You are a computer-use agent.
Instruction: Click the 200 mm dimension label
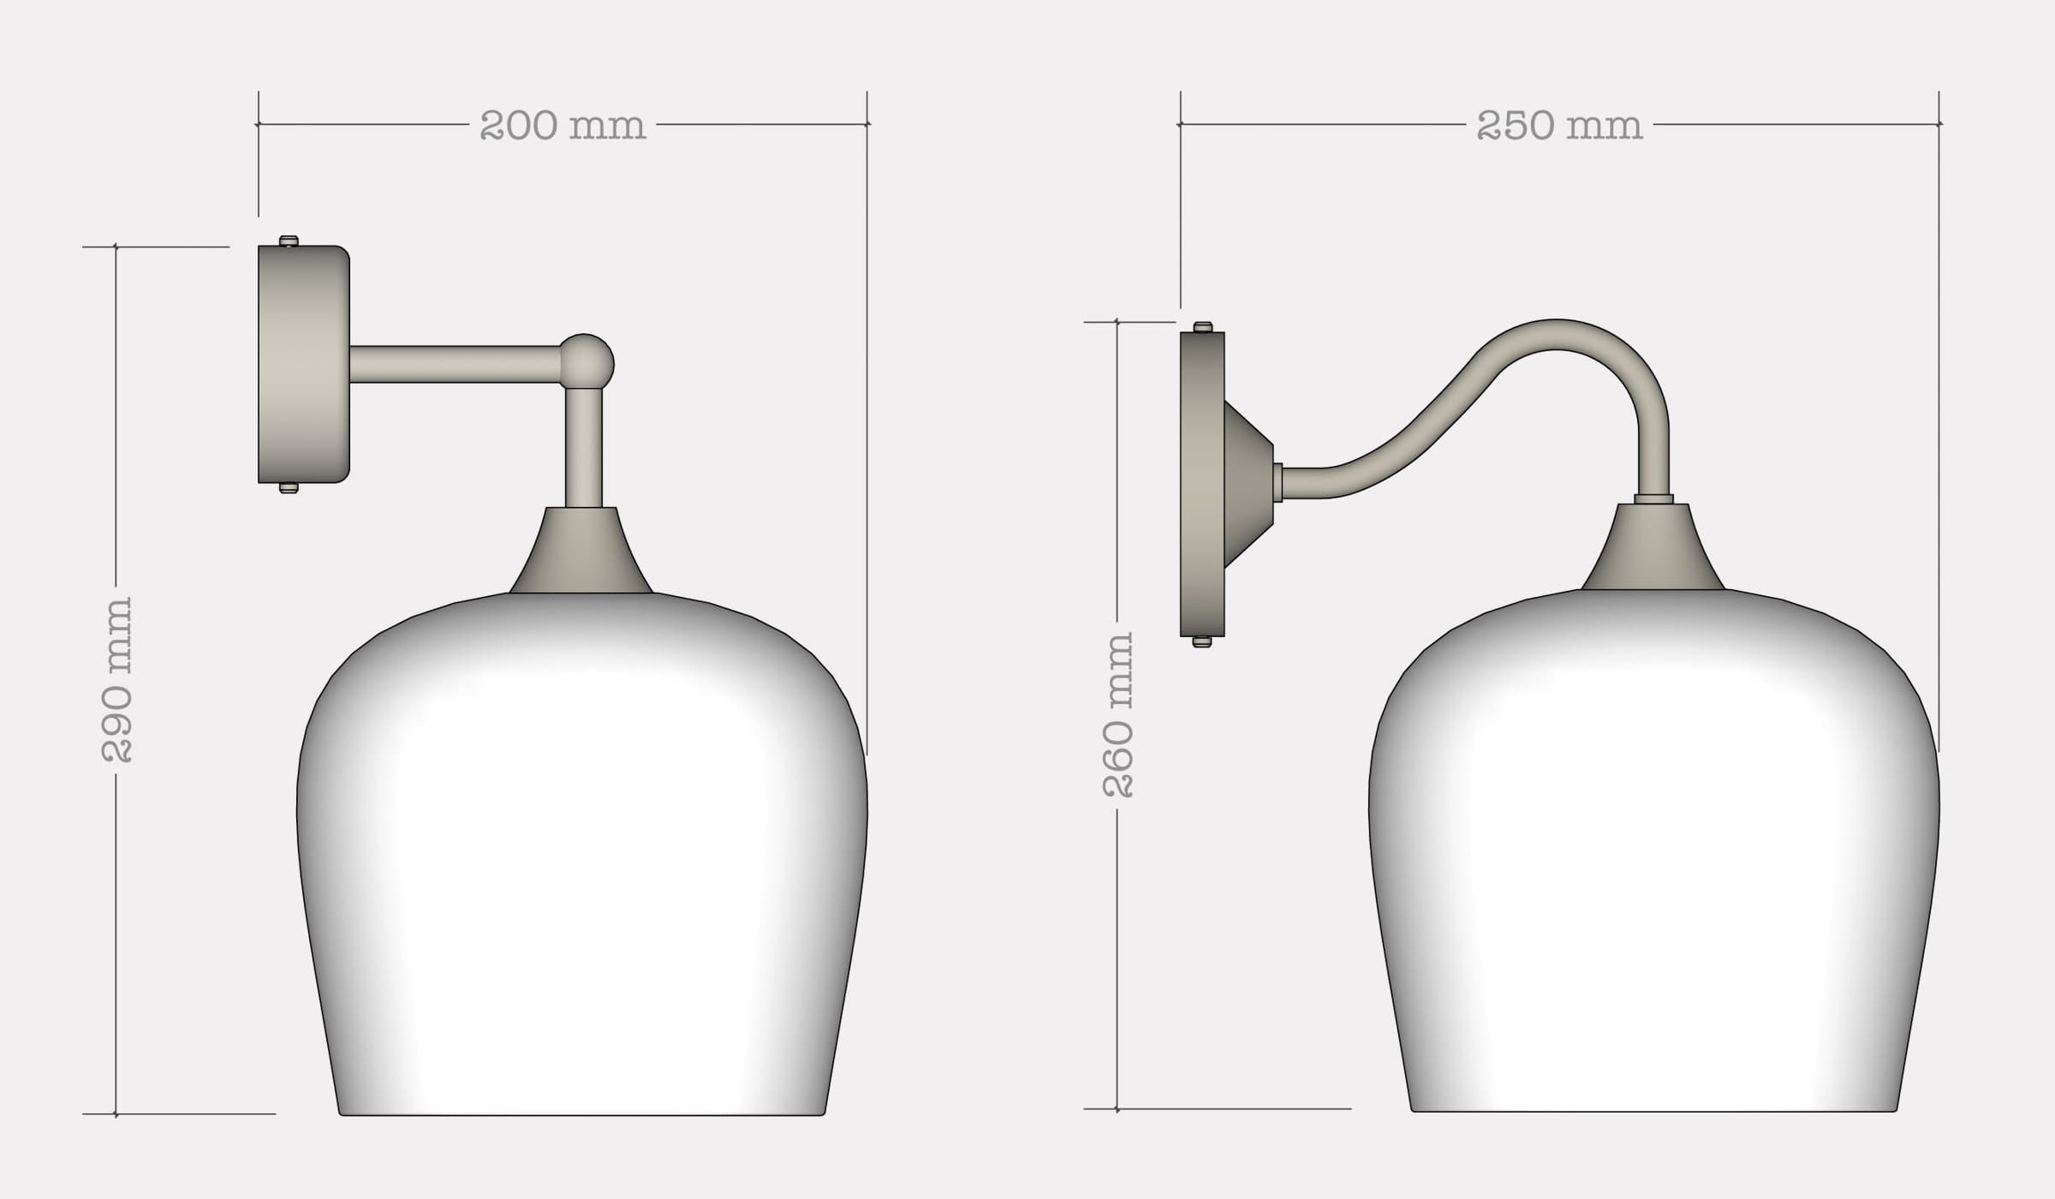(x=563, y=126)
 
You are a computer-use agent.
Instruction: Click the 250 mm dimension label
(x=1559, y=126)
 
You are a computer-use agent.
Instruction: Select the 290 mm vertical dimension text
(x=117, y=679)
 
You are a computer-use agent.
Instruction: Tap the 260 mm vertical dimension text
(x=1118, y=715)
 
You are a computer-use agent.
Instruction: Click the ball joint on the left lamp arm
(x=587, y=360)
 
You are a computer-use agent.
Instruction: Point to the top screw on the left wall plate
(x=289, y=241)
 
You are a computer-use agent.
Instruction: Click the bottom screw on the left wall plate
(x=289, y=488)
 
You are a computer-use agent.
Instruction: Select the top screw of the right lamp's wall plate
(x=1203, y=327)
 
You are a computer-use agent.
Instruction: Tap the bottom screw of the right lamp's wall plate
(x=1202, y=641)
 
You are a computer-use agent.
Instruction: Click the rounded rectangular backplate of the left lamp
(x=303, y=364)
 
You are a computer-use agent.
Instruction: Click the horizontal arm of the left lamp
(x=454, y=364)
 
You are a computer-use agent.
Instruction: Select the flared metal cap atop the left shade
(x=581, y=552)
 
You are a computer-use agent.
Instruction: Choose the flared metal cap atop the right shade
(x=1653, y=550)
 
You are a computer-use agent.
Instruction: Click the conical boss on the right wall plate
(x=1248, y=484)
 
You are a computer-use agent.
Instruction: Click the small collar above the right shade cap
(x=1653, y=498)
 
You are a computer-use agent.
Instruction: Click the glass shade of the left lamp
(x=582, y=856)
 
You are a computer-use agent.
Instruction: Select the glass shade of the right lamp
(x=1653, y=856)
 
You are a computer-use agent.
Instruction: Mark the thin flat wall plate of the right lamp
(x=1202, y=484)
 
